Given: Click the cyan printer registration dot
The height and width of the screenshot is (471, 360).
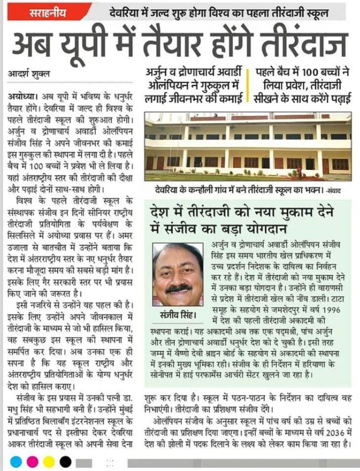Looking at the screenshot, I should click(x=16, y=461).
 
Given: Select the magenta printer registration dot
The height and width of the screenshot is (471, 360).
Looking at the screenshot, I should click(x=32, y=461).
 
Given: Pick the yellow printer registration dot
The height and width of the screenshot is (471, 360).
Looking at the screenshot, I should click(x=49, y=461).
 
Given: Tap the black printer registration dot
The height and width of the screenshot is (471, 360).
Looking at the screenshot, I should click(x=65, y=461).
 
